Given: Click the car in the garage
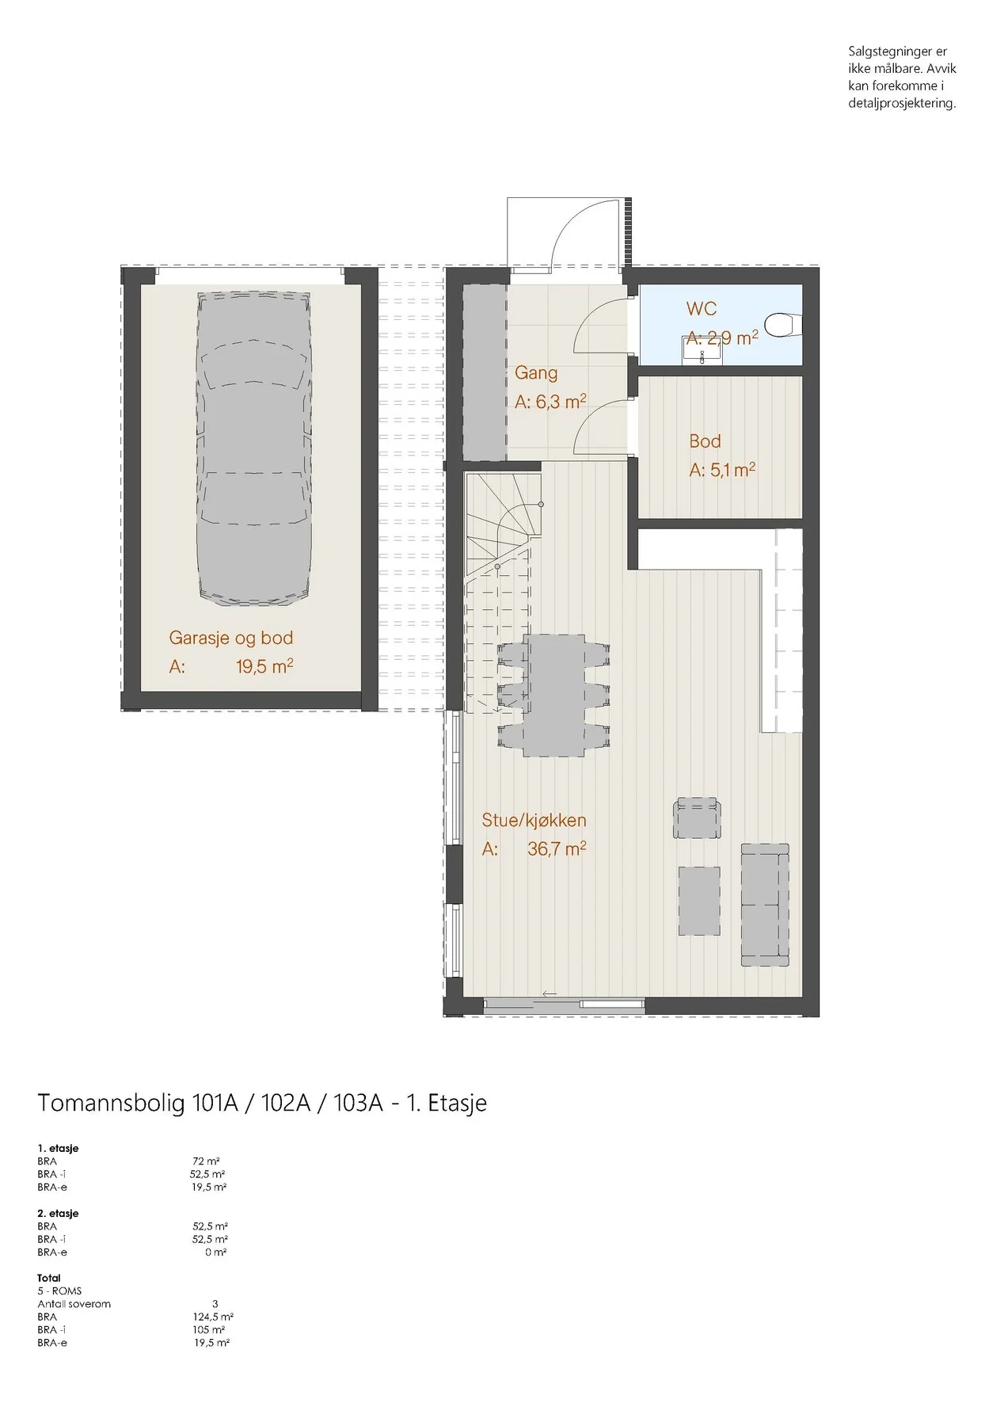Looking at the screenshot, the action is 253,449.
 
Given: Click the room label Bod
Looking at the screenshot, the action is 705,441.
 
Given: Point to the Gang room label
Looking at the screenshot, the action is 536,372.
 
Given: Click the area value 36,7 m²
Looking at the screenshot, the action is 557,848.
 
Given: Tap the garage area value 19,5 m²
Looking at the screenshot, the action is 264,666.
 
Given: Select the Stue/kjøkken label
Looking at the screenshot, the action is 534,820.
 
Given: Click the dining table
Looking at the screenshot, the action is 554,695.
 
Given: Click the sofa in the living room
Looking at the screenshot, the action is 765,905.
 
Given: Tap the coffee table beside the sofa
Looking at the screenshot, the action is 699,901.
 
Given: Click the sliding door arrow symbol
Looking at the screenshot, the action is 550,994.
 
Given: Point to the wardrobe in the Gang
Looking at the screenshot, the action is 485,372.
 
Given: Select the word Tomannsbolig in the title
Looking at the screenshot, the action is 112,1104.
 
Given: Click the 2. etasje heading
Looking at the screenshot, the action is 58,1213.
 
